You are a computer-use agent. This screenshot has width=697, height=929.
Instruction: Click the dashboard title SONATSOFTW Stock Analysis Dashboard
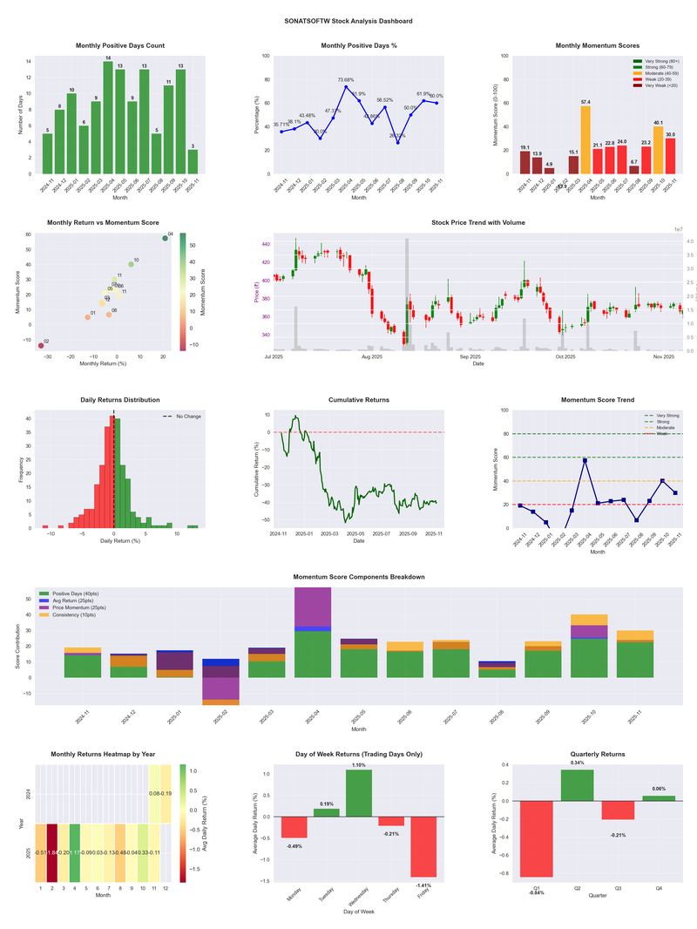(x=348, y=21)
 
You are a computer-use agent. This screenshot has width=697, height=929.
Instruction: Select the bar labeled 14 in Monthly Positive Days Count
(x=108, y=118)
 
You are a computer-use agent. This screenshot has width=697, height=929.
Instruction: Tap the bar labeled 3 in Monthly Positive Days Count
(x=193, y=162)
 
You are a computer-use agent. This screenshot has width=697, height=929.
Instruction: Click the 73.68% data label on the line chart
(x=346, y=79)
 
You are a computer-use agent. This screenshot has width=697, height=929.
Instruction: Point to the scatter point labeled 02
(x=40, y=346)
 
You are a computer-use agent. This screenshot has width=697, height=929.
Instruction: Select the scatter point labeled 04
(x=165, y=238)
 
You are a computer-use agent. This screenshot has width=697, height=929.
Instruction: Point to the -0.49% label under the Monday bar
(x=294, y=845)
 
